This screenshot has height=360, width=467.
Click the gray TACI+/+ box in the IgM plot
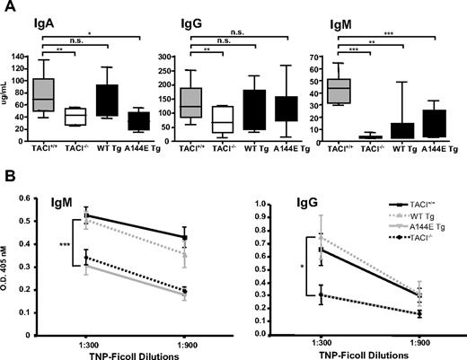(339, 91)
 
